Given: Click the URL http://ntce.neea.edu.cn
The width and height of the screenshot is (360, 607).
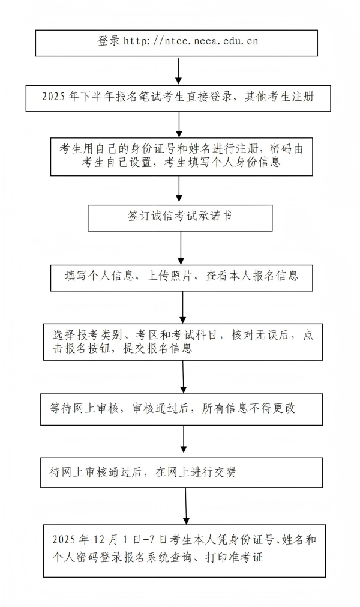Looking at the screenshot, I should (191, 41).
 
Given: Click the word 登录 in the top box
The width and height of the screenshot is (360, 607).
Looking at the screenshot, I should (109, 41).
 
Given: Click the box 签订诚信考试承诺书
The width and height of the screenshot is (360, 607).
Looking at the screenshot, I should (180, 217).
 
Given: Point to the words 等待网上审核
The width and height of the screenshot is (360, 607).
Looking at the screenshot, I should (82, 408).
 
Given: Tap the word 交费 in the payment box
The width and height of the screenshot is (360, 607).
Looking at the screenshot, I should (224, 472).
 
